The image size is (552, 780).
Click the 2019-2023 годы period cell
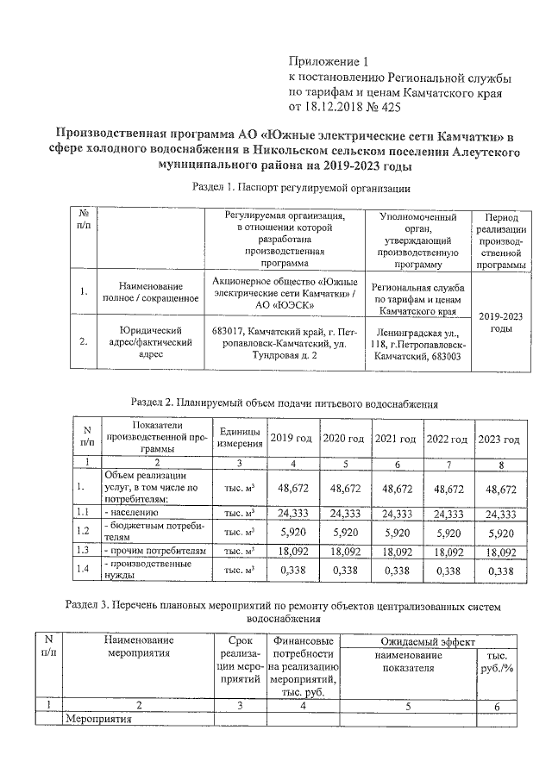(x=502, y=322)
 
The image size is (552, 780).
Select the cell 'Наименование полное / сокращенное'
(x=150, y=291)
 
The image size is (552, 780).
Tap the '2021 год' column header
(x=397, y=440)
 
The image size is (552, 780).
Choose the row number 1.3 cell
(x=85, y=550)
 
